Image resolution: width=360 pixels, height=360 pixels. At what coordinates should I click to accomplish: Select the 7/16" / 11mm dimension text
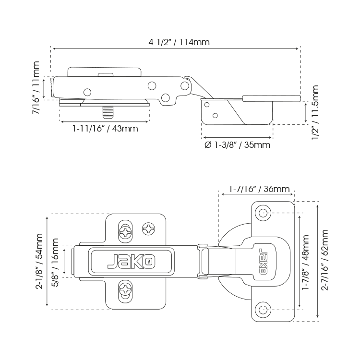36,87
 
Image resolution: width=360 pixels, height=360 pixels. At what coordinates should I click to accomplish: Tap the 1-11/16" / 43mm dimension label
106,129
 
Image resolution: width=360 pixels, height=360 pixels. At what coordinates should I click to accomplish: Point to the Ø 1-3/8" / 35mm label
237,144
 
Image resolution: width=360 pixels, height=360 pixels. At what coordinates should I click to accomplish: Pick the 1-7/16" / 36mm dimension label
259,189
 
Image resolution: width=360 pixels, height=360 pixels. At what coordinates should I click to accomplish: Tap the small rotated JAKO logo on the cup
263,261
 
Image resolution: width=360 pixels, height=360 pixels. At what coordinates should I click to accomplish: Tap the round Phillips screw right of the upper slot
149,229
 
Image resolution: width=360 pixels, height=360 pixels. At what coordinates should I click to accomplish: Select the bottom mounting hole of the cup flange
263,309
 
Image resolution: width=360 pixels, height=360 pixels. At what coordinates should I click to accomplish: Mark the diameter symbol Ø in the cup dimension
208,144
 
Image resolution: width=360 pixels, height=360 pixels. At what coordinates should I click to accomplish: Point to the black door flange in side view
271,98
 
